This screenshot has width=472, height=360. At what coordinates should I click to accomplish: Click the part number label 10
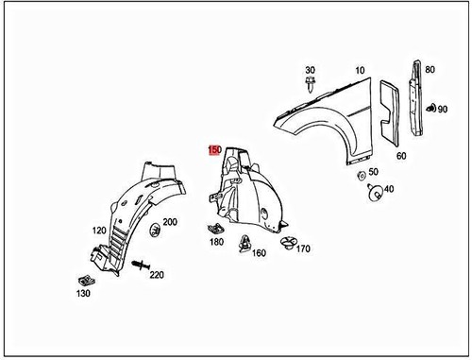(359, 71)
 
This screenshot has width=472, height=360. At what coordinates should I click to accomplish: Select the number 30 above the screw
(310, 71)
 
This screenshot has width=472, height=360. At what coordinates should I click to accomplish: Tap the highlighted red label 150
(214, 149)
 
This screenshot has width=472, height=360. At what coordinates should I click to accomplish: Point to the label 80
(430, 69)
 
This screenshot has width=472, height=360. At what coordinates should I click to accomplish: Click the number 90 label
(443, 111)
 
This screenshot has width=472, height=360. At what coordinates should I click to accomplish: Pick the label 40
(389, 189)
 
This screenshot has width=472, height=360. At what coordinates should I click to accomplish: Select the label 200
(170, 222)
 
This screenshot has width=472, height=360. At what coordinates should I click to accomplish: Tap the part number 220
(157, 274)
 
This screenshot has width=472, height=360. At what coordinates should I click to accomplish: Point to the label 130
(84, 294)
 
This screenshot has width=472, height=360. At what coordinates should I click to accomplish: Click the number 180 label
(217, 242)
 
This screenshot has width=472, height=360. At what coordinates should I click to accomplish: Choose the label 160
(259, 253)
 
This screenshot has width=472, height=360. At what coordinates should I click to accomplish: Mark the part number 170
(303, 249)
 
